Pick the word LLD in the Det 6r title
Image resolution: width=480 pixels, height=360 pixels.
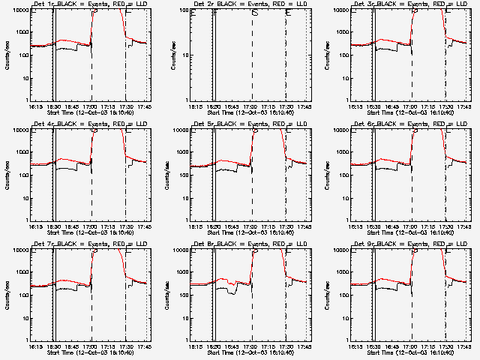point(463,124)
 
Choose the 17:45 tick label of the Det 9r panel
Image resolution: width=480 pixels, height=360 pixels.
point(463,347)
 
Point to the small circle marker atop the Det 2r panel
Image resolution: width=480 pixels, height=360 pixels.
point(255,13)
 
